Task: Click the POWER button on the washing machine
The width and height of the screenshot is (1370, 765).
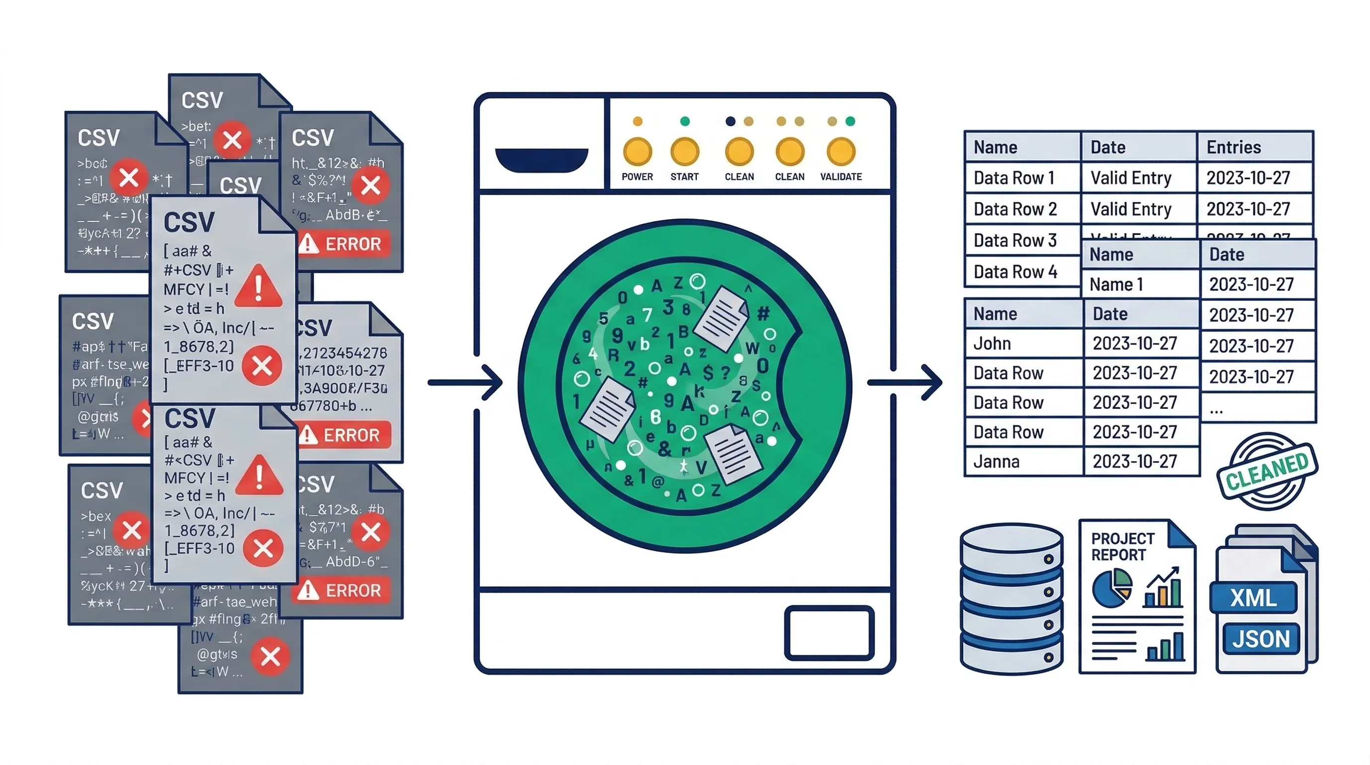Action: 637,151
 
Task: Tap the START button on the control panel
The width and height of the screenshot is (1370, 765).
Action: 685,151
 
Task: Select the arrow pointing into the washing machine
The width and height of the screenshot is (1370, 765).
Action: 466,382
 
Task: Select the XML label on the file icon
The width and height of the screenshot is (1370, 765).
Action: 1254,598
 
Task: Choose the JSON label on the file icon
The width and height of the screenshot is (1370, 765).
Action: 1261,638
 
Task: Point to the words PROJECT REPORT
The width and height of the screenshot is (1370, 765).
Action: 1122,546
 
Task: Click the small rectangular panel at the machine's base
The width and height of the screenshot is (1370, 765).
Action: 828,633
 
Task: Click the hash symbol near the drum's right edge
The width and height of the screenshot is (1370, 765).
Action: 763,313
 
